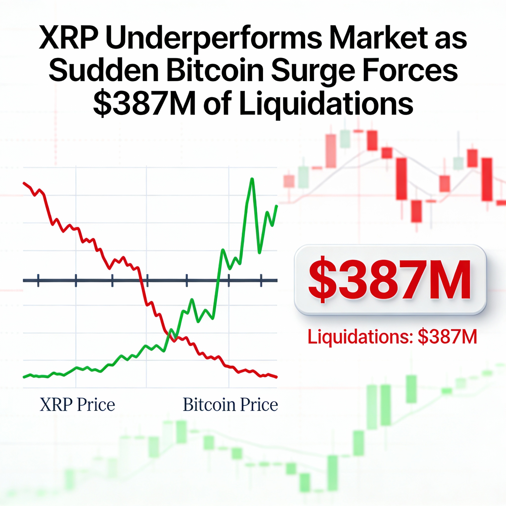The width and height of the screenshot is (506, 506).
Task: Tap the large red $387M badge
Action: [390, 280]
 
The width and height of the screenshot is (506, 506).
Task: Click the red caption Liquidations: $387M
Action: [392, 337]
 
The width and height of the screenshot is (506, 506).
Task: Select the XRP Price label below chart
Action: [77, 405]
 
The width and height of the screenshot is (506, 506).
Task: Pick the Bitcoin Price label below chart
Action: [230, 405]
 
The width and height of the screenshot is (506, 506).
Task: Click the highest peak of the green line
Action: [252, 179]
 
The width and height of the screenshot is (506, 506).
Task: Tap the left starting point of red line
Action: [24, 183]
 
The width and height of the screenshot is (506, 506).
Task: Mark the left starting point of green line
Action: [24, 377]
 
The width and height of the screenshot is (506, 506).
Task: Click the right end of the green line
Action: [277, 206]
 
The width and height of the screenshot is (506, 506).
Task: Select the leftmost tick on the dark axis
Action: [38, 280]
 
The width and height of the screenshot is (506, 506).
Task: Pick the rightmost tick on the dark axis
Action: [261, 280]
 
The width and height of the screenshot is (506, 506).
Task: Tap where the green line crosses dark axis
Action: [217, 280]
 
